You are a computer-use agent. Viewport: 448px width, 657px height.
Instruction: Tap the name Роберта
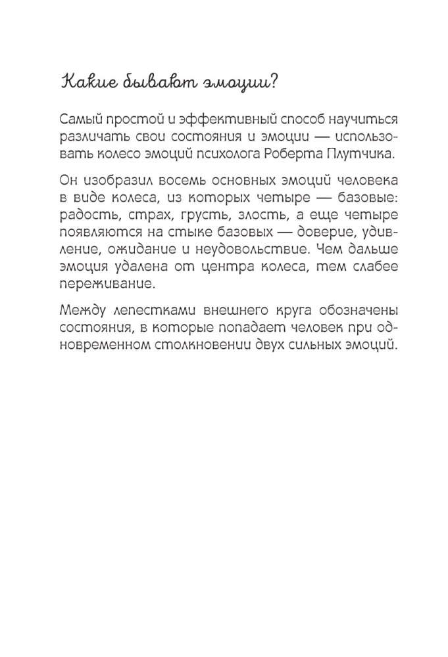pos(312,154)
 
